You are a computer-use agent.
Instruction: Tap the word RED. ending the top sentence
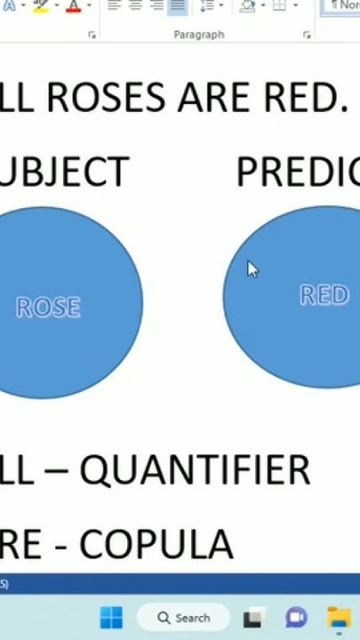point(301,97)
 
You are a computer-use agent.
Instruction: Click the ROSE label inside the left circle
point(48,308)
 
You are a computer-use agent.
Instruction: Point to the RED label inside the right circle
point(324,295)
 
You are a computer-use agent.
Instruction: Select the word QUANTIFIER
point(195,470)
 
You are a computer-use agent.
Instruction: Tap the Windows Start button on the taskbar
point(112,618)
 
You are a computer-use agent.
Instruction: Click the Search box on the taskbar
point(183,618)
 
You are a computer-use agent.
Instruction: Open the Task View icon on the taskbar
point(254,618)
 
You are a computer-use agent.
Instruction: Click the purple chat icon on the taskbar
point(296,618)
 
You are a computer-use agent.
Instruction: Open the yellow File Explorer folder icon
point(339,618)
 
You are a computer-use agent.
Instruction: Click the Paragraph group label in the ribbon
point(199,35)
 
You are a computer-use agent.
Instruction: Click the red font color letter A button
point(73,6)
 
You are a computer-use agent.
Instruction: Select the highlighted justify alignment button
point(177,6)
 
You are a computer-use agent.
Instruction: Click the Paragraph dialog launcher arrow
point(307,35)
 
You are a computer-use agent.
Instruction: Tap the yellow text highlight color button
point(40,6)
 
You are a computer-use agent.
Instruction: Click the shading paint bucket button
point(248,6)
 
